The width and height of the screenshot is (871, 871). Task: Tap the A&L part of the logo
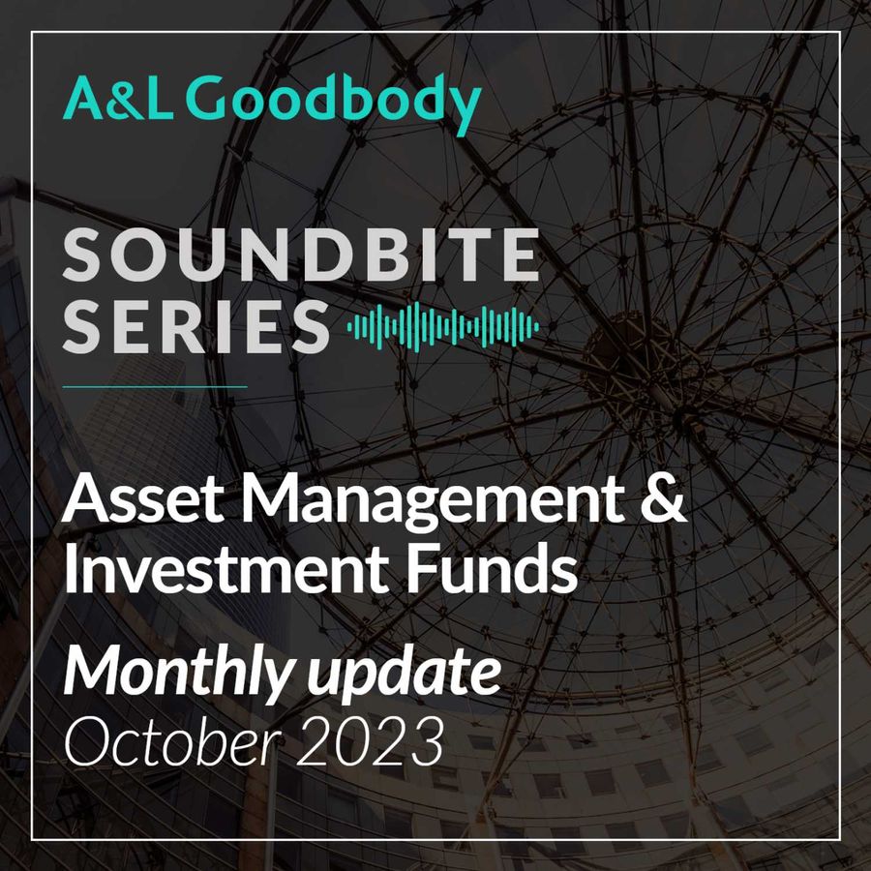pyautogui.click(x=117, y=98)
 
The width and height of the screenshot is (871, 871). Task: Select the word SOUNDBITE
pyautogui.click(x=301, y=255)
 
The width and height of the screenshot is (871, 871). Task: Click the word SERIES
pyautogui.click(x=196, y=326)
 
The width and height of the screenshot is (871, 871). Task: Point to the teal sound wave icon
pyautogui.click(x=442, y=327)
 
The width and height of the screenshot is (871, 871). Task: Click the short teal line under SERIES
pyautogui.click(x=155, y=386)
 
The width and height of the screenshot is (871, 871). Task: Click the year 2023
pyautogui.click(x=370, y=741)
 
